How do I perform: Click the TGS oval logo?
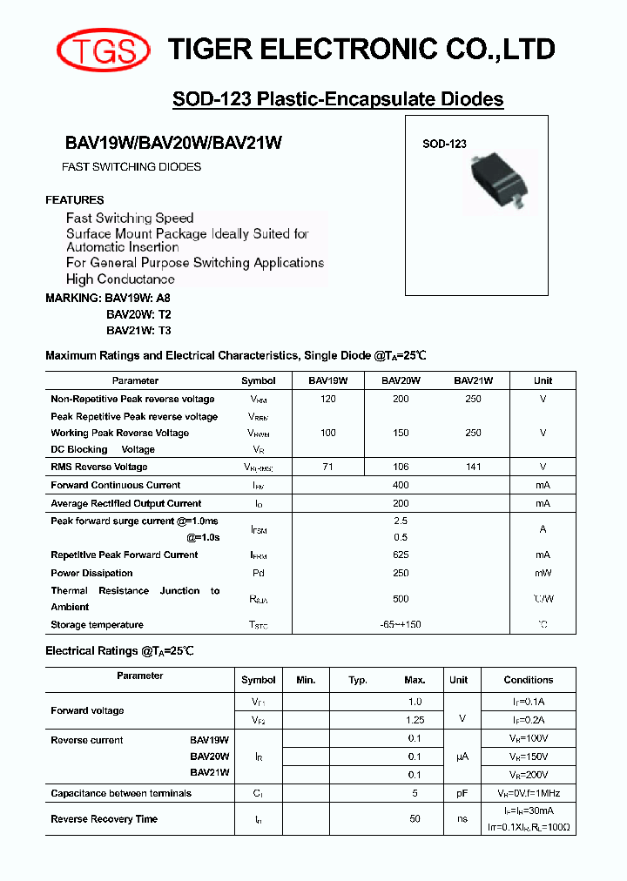(103, 50)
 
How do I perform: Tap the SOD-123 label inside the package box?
(444, 145)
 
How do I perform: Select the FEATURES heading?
(75, 199)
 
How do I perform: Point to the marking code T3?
(164, 330)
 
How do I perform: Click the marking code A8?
(163, 298)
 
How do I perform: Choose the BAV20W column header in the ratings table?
(401, 380)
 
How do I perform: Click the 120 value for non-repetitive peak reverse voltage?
(327, 399)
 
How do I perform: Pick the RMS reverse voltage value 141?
(473, 467)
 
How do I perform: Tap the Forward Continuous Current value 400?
(401, 485)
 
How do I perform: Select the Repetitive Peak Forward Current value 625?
(401, 555)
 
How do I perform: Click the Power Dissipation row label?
(91, 573)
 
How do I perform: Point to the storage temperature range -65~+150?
(401, 624)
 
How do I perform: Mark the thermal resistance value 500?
(401, 599)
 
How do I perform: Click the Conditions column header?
(528, 680)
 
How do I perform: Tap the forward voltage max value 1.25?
(415, 720)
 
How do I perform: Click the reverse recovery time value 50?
(415, 818)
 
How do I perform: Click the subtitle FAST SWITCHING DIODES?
(131, 166)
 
